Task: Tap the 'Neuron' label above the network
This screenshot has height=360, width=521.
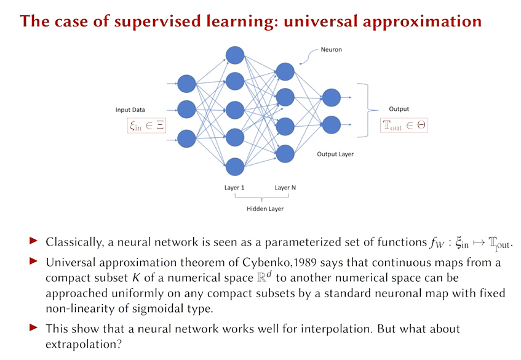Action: click(x=332, y=49)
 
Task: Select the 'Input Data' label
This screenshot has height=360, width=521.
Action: click(x=130, y=110)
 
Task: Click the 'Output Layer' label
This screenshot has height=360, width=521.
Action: click(x=335, y=154)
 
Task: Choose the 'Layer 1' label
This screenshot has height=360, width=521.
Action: click(x=234, y=188)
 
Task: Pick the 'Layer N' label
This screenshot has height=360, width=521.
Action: click(x=285, y=188)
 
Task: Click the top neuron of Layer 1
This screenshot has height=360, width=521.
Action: click(x=235, y=55)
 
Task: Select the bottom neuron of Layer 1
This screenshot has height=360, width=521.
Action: click(x=235, y=166)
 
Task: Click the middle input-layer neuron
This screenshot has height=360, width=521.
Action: click(x=186, y=110)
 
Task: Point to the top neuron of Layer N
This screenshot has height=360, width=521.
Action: click(x=285, y=71)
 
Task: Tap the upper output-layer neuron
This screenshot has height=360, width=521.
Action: click(x=331, y=97)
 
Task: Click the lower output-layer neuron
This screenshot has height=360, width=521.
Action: click(x=331, y=125)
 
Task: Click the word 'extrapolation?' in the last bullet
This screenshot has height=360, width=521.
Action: click(x=79, y=344)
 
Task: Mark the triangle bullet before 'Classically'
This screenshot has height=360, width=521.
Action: click(x=34, y=241)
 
